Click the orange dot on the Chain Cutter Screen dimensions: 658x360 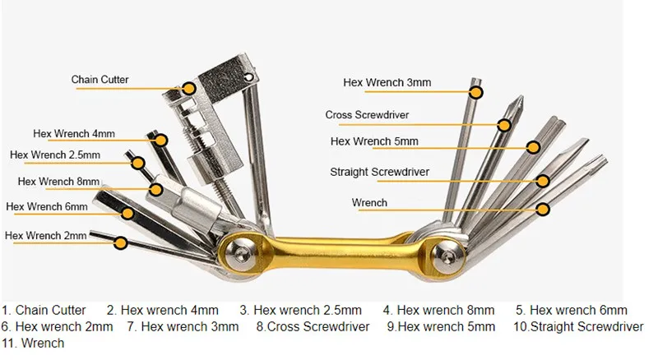[189, 89]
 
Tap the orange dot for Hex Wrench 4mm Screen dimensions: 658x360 [161, 140]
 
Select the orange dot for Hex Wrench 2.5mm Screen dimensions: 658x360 [138, 163]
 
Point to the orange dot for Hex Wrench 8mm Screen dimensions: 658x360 [156, 190]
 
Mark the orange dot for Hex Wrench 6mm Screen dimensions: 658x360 [127, 214]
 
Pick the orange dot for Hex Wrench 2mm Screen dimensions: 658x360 [121, 243]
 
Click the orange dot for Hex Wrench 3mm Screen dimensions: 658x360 [476, 92]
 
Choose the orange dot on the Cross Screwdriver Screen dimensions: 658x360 [504, 125]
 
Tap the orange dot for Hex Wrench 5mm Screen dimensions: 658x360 [533, 147]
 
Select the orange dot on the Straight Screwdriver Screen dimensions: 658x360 [543, 182]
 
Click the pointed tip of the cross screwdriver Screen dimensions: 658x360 [521, 96]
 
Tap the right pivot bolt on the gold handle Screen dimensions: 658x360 [447, 255]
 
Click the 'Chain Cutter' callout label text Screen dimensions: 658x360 [100, 79]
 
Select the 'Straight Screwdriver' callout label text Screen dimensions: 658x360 [379, 172]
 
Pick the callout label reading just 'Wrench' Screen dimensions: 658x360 [369, 203]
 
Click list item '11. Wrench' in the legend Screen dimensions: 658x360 [33, 343]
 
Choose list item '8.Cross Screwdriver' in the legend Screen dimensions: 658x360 [313, 326]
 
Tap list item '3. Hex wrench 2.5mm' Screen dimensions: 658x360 [300, 310]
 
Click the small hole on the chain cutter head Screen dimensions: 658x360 [249, 77]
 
